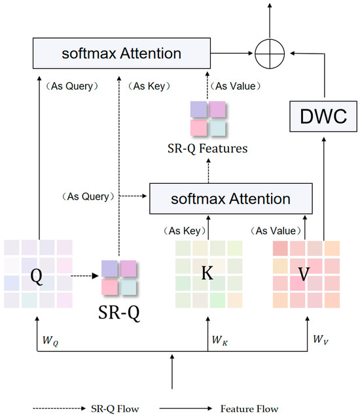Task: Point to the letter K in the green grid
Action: click(x=207, y=273)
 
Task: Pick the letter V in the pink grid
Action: click(x=304, y=274)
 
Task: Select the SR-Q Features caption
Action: click(x=207, y=148)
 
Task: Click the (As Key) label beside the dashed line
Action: click(x=148, y=86)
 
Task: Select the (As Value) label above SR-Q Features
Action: click(x=240, y=86)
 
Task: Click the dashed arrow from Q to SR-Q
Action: click(x=82, y=275)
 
